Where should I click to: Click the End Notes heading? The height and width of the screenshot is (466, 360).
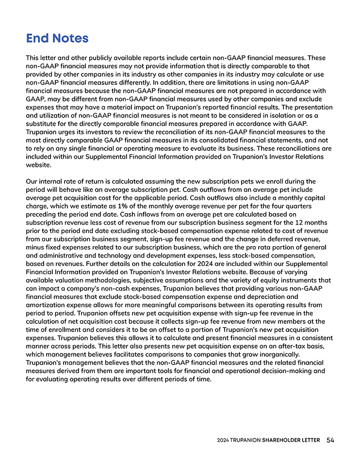pos(57,38)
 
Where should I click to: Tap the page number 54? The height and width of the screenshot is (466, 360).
pos(330,440)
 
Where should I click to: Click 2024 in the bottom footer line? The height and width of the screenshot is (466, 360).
pos(223,440)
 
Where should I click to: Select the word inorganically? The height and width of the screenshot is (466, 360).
pos(282,354)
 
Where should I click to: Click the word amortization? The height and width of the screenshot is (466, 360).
pos(49,305)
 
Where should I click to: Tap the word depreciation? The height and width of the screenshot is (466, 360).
pos(269,297)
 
